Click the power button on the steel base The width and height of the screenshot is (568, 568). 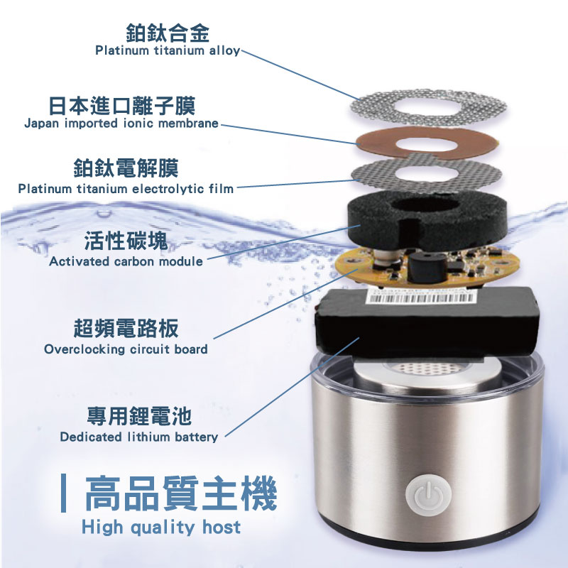[x=429, y=494]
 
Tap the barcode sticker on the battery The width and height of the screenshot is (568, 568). [x=420, y=297]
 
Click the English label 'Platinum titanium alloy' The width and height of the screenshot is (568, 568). [x=168, y=50]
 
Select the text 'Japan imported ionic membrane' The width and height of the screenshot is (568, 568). [x=121, y=123]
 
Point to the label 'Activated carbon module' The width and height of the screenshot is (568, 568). [x=126, y=261]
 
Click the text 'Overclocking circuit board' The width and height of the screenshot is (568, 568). [x=126, y=349]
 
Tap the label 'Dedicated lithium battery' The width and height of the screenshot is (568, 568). [x=138, y=437]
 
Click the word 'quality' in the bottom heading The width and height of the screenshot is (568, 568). [x=163, y=528]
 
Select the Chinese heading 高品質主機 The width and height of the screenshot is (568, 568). [x=181, y=493]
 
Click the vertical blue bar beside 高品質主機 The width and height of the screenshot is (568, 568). [x=64, y=493]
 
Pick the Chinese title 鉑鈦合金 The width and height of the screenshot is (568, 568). [x=168, y=33]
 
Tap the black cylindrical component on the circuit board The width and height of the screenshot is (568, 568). [x=427, y=268]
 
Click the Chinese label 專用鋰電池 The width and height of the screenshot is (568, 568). [x=138, y=416]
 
